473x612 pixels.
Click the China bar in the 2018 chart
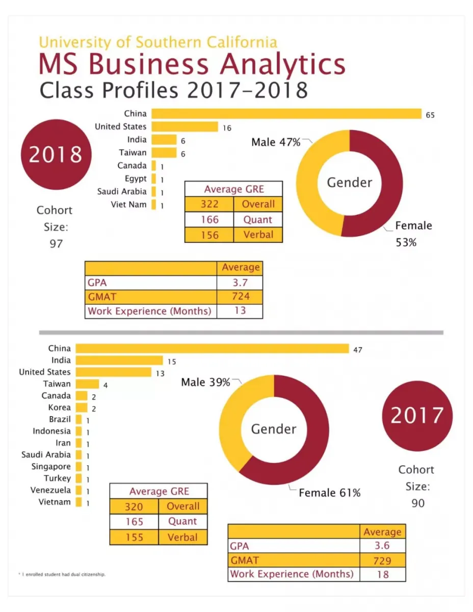coord(286,114)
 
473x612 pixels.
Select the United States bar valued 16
coord(185,126)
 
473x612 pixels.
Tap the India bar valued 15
coord(119,361)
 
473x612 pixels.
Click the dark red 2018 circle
coord(56,154)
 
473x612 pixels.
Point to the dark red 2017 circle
coord(417,416)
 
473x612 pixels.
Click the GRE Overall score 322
coord(209,204)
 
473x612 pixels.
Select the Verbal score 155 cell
coord(134,537)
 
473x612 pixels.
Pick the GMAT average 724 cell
coord(240,296)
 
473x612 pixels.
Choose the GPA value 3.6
coord(382,546)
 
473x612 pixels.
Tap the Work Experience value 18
coord(382,574)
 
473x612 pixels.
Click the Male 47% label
coord(276,142)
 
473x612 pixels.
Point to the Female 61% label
coord(329,493)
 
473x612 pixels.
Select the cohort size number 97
coord(56,243)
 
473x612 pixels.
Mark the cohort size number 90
coord(417,503)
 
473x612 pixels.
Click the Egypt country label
coord(136,178)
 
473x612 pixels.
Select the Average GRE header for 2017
coord(159,492)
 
